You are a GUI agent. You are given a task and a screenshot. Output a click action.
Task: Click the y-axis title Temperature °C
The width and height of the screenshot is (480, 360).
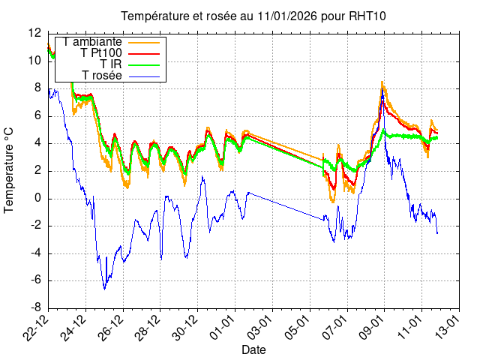click(x=10, y=170)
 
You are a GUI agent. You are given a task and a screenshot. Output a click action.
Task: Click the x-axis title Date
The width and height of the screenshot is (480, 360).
click(x=254, y=350)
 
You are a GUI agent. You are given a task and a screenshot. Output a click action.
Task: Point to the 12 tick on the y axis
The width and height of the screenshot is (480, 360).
click(x=34, y=33)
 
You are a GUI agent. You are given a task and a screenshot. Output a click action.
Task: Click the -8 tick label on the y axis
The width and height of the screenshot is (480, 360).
click(x=34, y=308)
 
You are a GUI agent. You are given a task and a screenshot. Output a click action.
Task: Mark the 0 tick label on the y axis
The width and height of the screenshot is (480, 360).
click(x=37, y=198)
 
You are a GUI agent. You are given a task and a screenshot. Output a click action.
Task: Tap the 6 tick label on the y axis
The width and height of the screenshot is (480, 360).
click(x=37, y=115)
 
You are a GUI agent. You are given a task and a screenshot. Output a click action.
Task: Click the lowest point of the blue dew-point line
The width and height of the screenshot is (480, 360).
click(x=104, y=289)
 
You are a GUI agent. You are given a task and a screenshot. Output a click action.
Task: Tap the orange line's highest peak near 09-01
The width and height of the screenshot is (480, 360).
click(x=382, y=82)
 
